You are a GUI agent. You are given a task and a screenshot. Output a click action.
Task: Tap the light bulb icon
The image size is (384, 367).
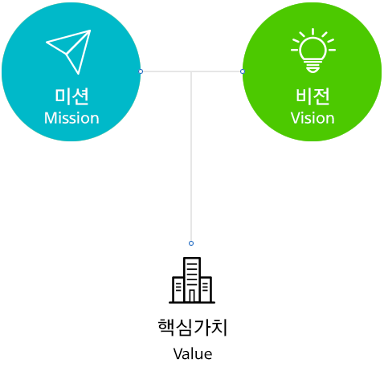[x=313, y=51]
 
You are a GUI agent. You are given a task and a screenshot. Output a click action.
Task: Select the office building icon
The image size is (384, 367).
[x=192, y=280]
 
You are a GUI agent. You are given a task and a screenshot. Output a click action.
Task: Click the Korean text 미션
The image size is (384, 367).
[x=71, y=96]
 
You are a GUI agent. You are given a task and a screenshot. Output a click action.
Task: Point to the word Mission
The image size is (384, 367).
[x=71, y=118]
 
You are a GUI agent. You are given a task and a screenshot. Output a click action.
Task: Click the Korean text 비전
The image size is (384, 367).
[x=313, y=96]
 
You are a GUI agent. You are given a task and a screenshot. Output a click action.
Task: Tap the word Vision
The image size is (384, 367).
[x=313, y=118]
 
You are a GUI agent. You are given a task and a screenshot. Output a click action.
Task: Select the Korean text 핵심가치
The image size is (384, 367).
[x=193, y=327]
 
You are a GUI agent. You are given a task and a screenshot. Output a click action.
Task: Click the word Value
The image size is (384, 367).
[x=193, y=354]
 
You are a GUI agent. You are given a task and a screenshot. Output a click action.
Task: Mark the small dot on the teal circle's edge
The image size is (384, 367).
[x=141, y=71]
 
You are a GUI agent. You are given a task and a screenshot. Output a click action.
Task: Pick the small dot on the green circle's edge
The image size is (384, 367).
[x=243, y=71]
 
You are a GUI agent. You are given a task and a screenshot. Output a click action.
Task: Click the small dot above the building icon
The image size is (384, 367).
[x=191, y=243]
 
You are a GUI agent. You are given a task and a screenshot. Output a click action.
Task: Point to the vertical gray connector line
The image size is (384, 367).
[x=191, y=156]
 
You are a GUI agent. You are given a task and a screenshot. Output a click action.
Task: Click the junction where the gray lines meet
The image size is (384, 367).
[x=191, y=71]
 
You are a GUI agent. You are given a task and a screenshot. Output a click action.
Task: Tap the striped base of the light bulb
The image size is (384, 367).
[x=313, y=67]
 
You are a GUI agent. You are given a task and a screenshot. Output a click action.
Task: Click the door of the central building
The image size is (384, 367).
[x=192, y=296]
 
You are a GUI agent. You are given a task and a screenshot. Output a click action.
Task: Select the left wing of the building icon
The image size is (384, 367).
[x=178, y=289]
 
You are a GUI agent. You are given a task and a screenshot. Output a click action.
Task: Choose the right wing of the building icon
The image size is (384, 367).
[x=206, y=289]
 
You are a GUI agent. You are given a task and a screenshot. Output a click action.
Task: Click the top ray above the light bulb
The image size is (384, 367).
[x=313, y=31]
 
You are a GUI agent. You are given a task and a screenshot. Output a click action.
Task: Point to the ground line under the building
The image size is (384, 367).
[x=192, y=303]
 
